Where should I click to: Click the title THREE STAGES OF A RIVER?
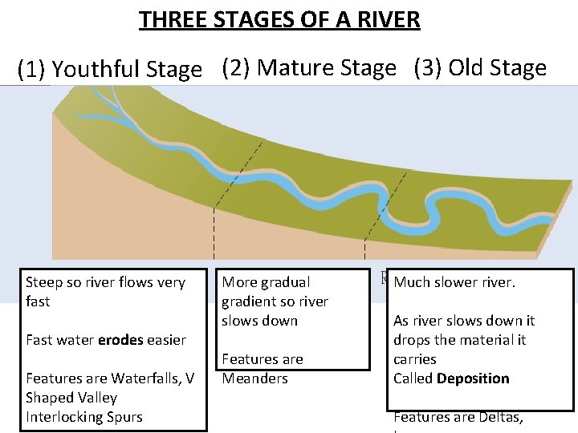(279, 19)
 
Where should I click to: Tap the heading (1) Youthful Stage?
(110, 71)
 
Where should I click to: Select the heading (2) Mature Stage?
(309, 68)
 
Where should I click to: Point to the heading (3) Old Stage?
(480, 68)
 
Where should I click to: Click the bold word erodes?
(120, 340)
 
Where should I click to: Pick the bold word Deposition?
(473, 378)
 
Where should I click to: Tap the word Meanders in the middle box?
(254, 378)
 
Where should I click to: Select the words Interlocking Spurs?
(72, 417)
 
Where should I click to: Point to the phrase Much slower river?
(454, 282)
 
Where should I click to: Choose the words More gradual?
(266, 282)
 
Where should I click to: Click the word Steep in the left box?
(44, 282)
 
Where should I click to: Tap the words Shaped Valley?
(71, 398)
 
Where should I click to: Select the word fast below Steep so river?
(38, 301)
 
